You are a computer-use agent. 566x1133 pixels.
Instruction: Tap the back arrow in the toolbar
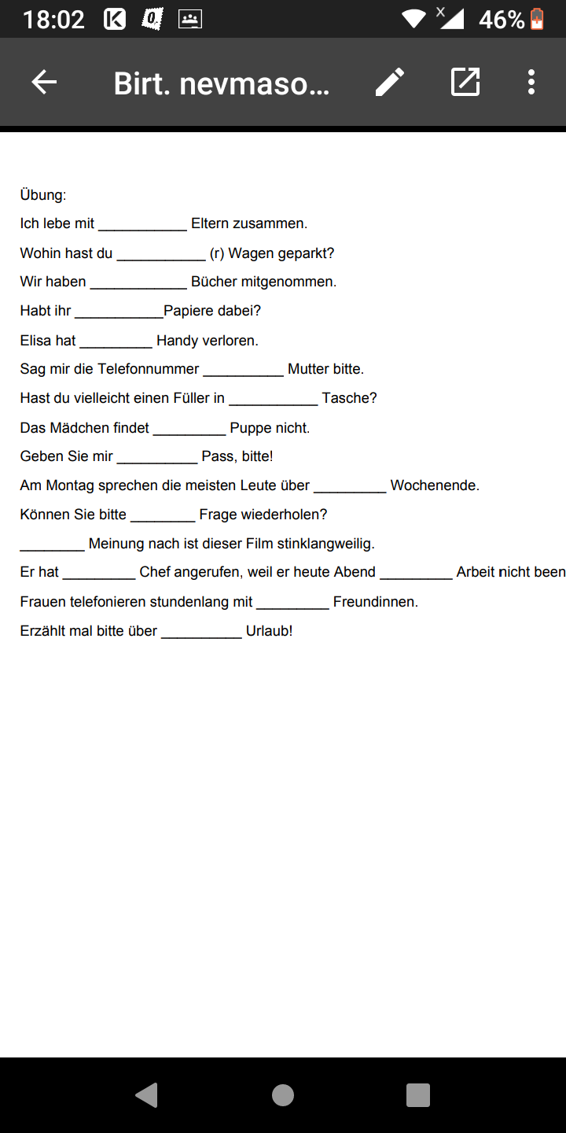click(x=44, y=82)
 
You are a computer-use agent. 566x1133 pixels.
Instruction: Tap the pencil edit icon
click(x=390, y=82)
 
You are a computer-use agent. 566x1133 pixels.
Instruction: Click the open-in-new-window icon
click(x=465, y=82)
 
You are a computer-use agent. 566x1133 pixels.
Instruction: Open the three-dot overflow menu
click(x=531, y=82)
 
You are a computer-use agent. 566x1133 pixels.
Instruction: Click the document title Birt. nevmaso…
click(x=222, y=83)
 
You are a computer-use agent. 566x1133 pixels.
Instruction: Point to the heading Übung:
click(x=43, y=195)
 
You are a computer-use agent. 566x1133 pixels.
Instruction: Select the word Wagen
click(x=251, y=253)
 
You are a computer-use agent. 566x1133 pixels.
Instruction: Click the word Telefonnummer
click(x=149, y=369)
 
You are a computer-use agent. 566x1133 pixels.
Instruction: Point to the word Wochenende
click(x=434, y=485)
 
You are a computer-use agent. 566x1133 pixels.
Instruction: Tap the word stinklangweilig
click(x=325, y=544)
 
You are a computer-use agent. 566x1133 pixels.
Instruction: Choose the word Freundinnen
click(x=375, y=602)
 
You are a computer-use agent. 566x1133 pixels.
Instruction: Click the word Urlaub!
click(x=269, y=631)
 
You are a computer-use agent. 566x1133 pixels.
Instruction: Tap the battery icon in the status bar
click(x=537, y=19)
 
